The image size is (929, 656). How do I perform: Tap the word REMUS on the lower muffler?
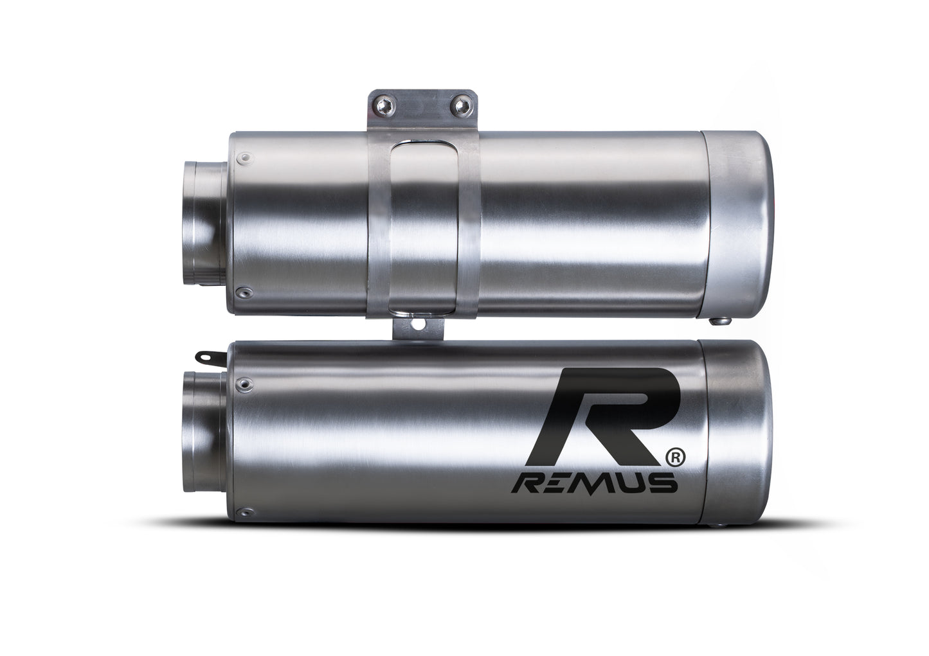coord(593,483)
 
